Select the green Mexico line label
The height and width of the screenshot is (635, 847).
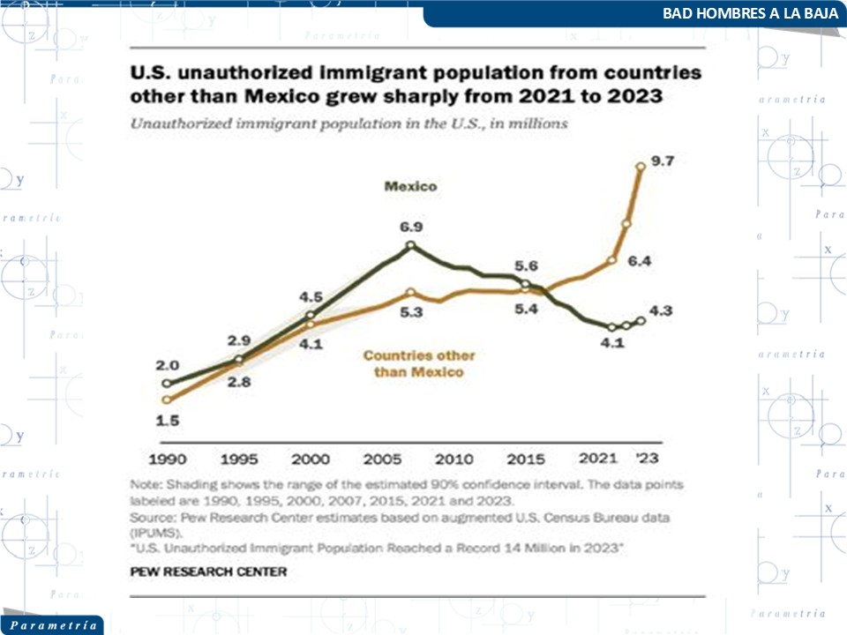[x=410, y=186]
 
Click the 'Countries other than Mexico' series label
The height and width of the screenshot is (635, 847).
[x=419, y=364]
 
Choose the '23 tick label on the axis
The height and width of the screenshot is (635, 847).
[x=647, y=459]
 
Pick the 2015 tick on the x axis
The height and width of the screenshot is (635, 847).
[x=527, y=459]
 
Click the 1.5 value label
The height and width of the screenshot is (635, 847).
[x=168, y=421]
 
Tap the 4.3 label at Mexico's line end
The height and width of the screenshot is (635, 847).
[x=661, y=310]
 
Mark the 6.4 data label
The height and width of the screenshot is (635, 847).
[x=639, y=262]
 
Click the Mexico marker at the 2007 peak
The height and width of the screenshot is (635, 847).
[x=410, y=247]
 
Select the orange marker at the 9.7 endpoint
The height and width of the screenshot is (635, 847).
[x=641, y=165]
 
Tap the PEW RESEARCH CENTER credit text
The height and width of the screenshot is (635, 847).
[x=208, y=571]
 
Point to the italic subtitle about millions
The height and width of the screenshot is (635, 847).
[x=349, y=124]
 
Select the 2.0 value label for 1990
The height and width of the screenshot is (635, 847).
[x=168, y=365]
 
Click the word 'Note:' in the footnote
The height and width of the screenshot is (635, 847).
[x=146, y=485]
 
